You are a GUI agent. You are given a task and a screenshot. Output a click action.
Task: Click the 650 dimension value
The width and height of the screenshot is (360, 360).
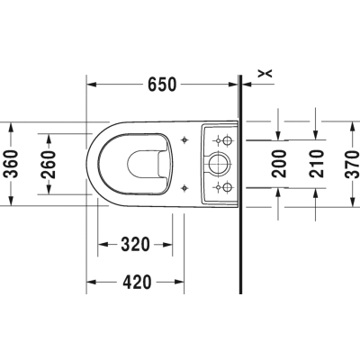[162, 85]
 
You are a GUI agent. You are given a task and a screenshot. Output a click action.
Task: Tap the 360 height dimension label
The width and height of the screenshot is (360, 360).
[12, 164]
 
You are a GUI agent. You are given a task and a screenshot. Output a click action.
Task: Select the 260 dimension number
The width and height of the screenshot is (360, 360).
[49, 165]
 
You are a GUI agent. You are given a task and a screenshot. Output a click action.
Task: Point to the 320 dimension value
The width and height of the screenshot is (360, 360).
[135, 244]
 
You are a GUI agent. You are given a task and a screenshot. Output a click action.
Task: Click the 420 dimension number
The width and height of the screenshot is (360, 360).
[137, 282]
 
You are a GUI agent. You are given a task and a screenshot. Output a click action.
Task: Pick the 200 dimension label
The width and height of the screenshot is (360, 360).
[279, 164]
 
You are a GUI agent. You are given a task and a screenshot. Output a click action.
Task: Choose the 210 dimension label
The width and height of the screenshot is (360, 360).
[317, 164]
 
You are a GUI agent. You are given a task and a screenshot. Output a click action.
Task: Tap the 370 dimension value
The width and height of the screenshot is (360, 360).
[352, 165]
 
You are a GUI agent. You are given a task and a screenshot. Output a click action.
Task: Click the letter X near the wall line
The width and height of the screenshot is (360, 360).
[265, 73]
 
